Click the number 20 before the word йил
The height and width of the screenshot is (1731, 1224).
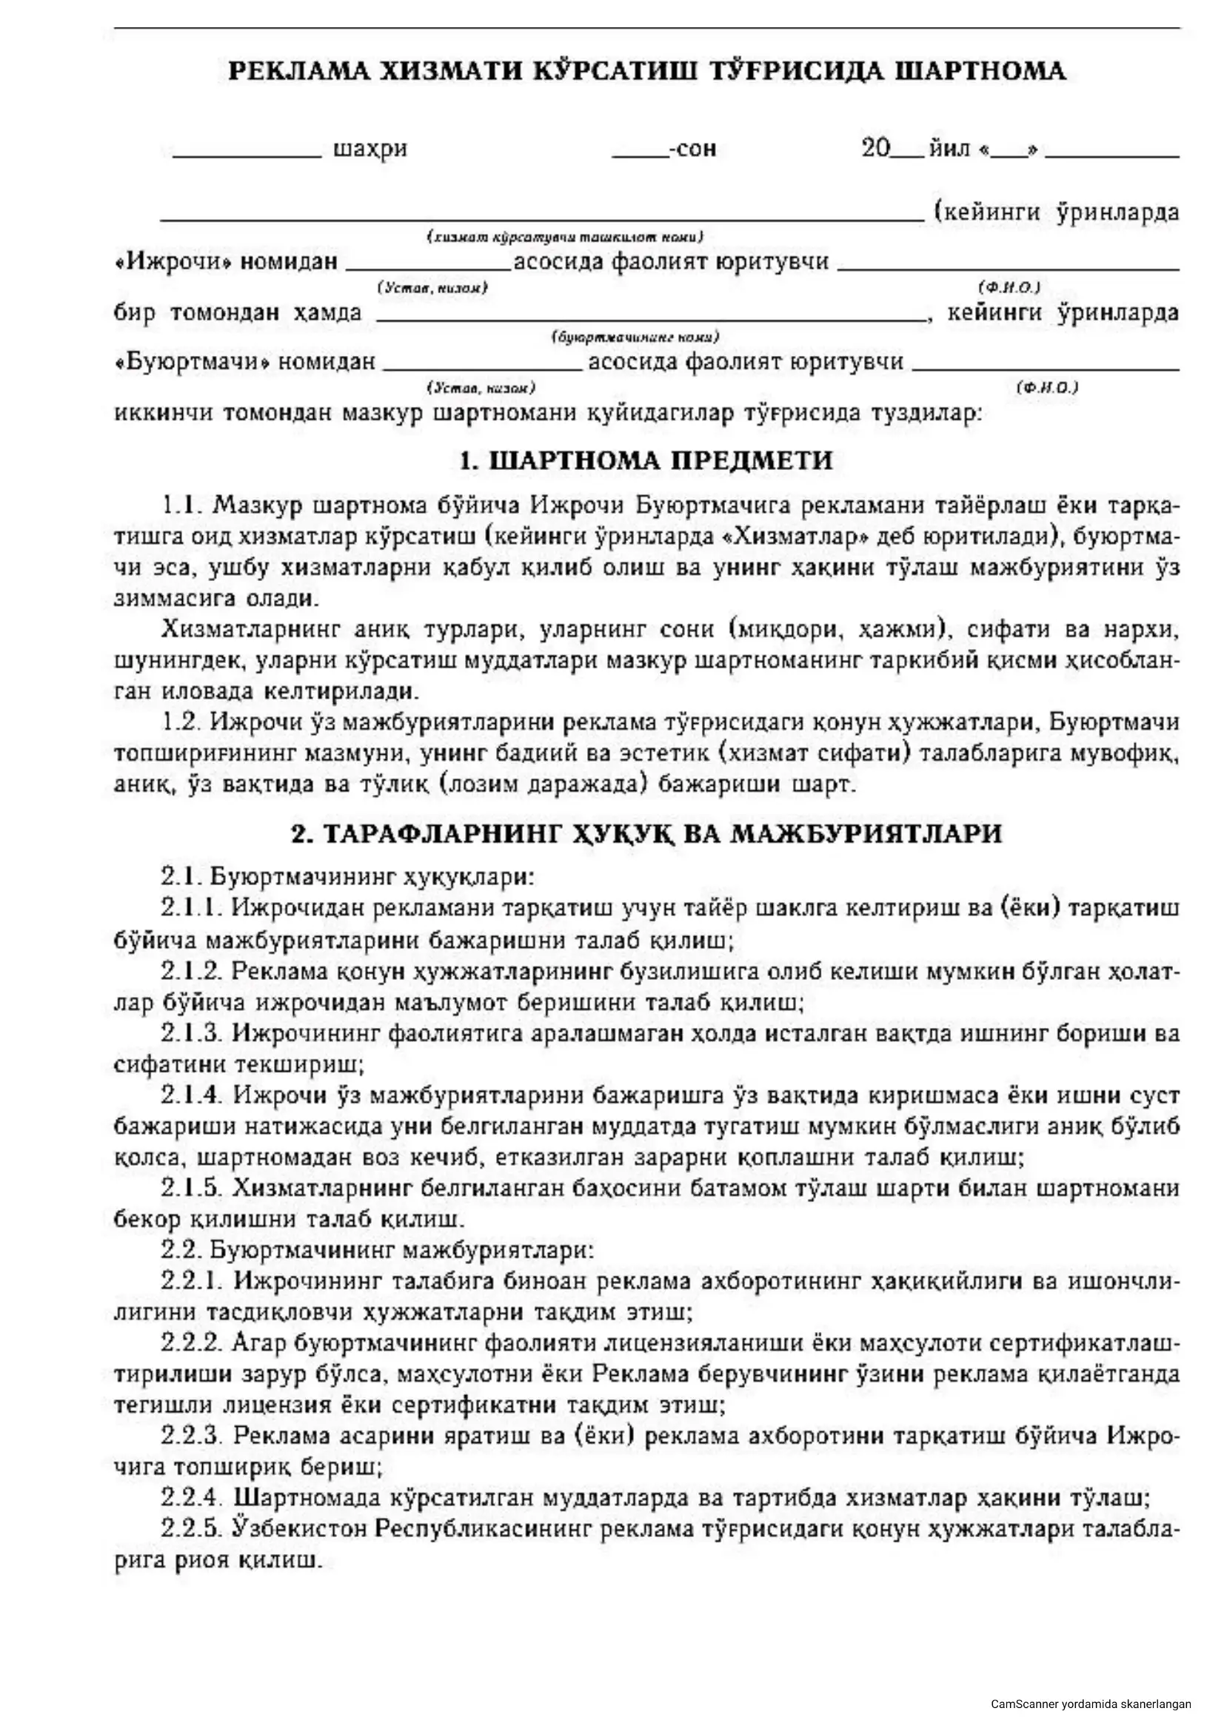(x=875, y=148)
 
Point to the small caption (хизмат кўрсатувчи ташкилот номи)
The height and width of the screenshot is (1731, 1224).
(x=565, y=237)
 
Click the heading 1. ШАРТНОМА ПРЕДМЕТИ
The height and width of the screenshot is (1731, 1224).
(x=646, y=460)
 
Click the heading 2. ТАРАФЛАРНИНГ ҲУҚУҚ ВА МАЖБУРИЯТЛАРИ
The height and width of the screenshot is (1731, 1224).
(x=646, y=834)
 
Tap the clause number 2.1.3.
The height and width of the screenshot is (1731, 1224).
(x=192, y=1033)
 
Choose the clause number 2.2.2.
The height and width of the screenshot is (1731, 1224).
(x=192, y=1342)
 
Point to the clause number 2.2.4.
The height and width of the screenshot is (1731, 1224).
(x=192, y=1496)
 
